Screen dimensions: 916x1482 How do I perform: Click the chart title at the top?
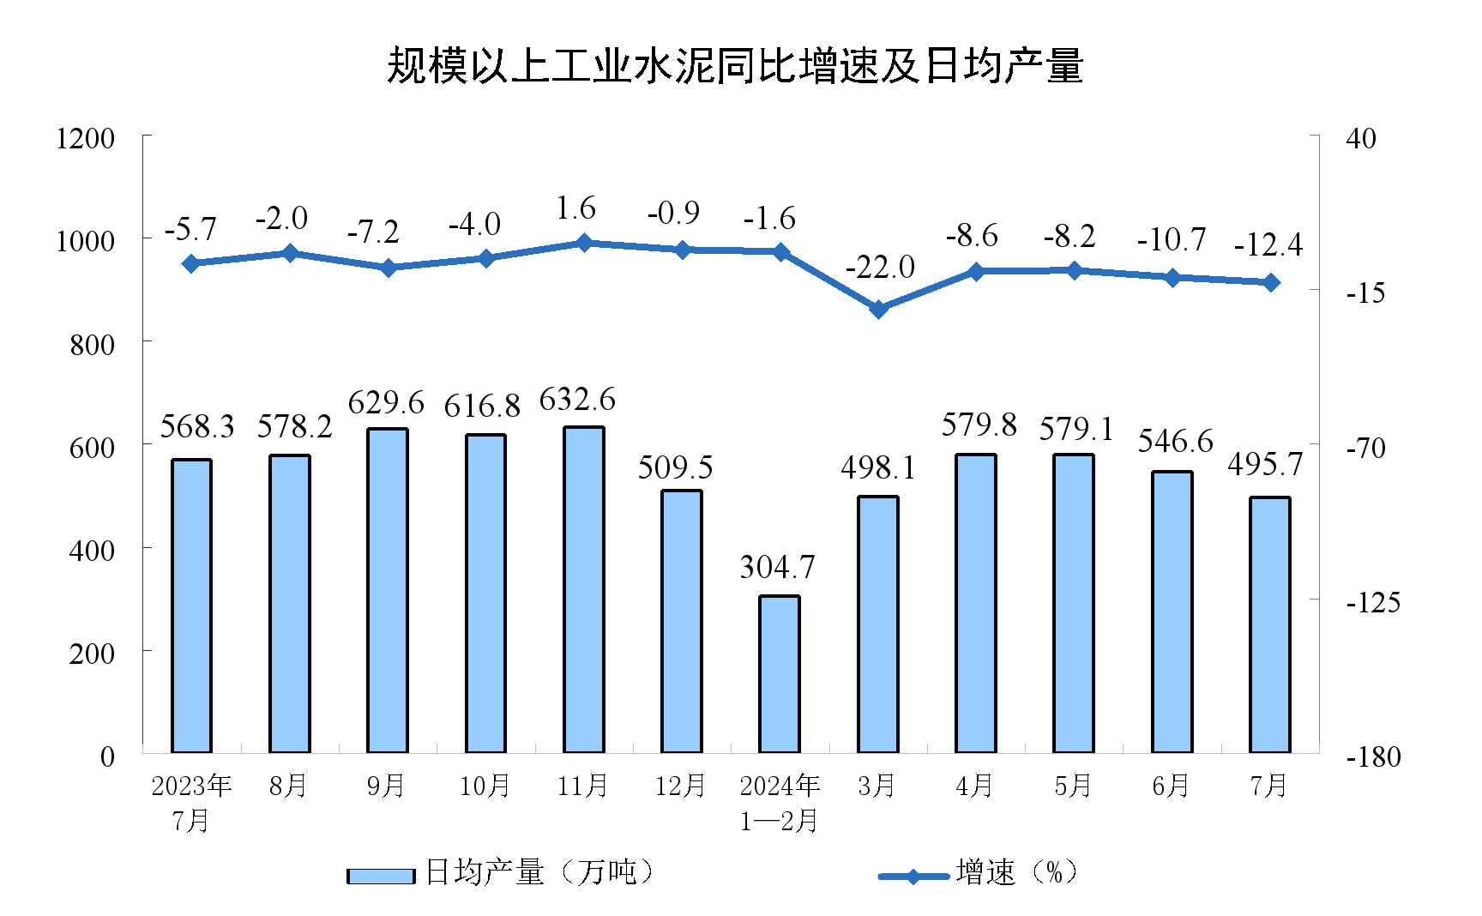[x=735, y=66]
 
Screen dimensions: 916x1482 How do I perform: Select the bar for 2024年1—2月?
[x=780, y=674]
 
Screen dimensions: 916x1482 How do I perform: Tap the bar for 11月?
[x=584, y=590]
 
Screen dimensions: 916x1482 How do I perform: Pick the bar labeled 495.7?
[x=1270, y=624]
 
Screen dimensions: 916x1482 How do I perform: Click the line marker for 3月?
[x=878, y=309]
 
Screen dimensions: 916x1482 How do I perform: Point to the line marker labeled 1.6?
[x=584, y=243]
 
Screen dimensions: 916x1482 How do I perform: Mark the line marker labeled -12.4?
[x=1270, y=282]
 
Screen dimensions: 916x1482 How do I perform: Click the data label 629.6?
[x=386, y=402]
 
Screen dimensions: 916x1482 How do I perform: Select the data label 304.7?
[x=777, y=567]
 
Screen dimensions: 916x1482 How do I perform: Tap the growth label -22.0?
[x=880, y=268]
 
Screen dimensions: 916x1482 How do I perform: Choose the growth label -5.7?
[x=190, y=230]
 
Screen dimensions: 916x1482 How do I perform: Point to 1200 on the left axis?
[x=85, y=138]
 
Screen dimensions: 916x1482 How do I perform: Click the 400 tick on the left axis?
[x=92, y=550]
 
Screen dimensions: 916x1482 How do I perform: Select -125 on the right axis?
[x=1372, y=602]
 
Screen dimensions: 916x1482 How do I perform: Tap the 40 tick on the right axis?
[x=1360, y=138]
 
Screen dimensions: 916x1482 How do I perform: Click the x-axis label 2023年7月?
[x=191, y=803]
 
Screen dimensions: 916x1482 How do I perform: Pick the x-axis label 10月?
[x=485, y=786]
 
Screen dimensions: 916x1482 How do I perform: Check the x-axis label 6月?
[x=1171, y=786]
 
